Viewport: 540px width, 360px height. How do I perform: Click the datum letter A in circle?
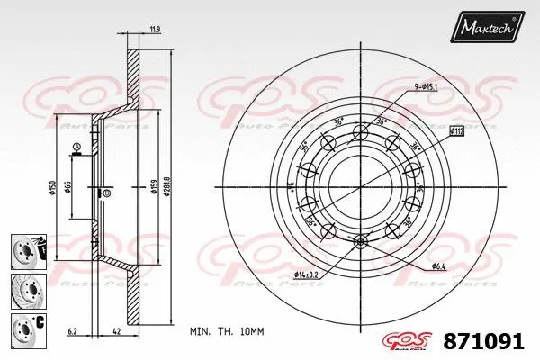76,148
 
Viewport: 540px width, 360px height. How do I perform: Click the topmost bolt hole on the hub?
361,133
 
